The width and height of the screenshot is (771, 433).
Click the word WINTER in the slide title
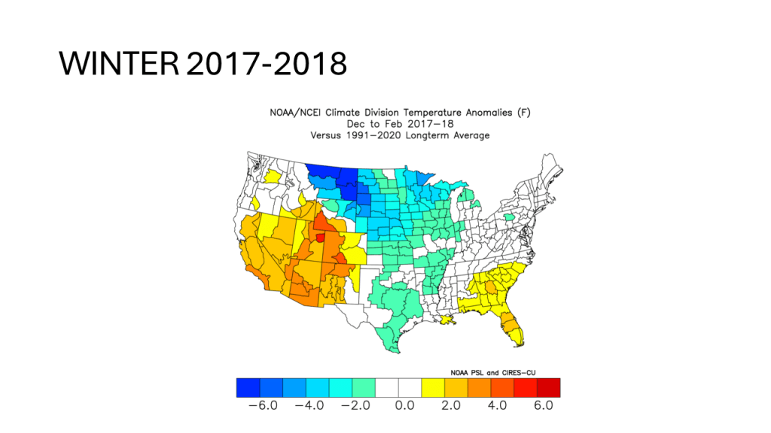118,64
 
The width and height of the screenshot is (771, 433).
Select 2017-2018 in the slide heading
266,64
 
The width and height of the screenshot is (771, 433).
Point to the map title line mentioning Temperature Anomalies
400,113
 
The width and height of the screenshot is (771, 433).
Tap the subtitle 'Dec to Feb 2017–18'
400,124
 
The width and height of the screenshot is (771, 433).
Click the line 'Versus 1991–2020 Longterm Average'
400,135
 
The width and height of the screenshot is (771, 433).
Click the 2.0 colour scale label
449,405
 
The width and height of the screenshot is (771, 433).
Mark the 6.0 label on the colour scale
544,405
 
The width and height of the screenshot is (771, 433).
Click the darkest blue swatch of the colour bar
247,387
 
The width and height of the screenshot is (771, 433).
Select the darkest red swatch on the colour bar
548,387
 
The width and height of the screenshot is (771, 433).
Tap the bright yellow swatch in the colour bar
433,387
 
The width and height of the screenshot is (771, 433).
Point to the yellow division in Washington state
273,176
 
